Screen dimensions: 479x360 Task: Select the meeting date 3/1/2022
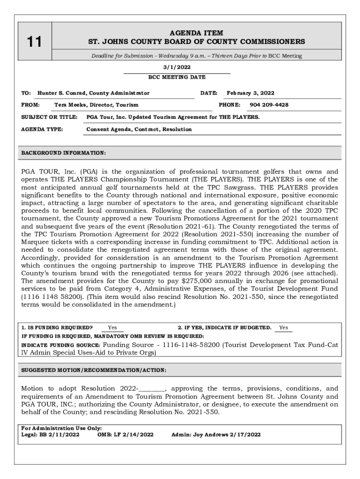tap(176, 67)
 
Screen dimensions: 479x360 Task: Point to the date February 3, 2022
tap(250, 93)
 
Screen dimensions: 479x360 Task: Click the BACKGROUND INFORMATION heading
tap(64, 152)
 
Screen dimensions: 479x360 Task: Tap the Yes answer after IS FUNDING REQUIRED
tap(112, 327)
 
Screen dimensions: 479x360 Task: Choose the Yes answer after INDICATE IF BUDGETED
tap(283, 327)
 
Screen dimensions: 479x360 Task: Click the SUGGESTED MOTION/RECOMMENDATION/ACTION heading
tap(94, 370)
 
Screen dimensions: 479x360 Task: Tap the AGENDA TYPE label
tap(43, 129)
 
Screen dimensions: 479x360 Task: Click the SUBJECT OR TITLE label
tap(49, 117)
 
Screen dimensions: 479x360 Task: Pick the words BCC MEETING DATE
tap(177, 77)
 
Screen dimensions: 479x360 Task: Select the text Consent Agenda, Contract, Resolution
tap(139, 129)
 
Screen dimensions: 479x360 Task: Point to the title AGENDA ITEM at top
tap(196, 33)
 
